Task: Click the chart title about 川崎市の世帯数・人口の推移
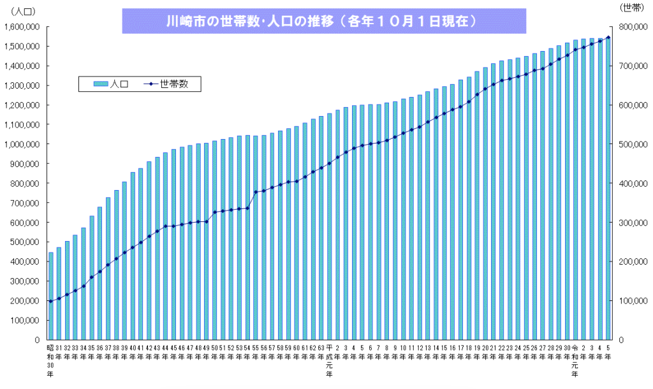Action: coord(324,20)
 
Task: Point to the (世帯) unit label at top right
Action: coord(633,6)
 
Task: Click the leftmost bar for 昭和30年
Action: coord(51,296)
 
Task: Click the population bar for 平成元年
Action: coord(330,226)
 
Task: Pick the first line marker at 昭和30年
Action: coord(51,301)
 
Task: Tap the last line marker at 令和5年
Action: coord(608,38)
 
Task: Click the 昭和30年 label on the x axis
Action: coord(50,361)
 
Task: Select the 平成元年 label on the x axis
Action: coord(329,361)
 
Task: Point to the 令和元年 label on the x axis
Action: coord(575,361)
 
